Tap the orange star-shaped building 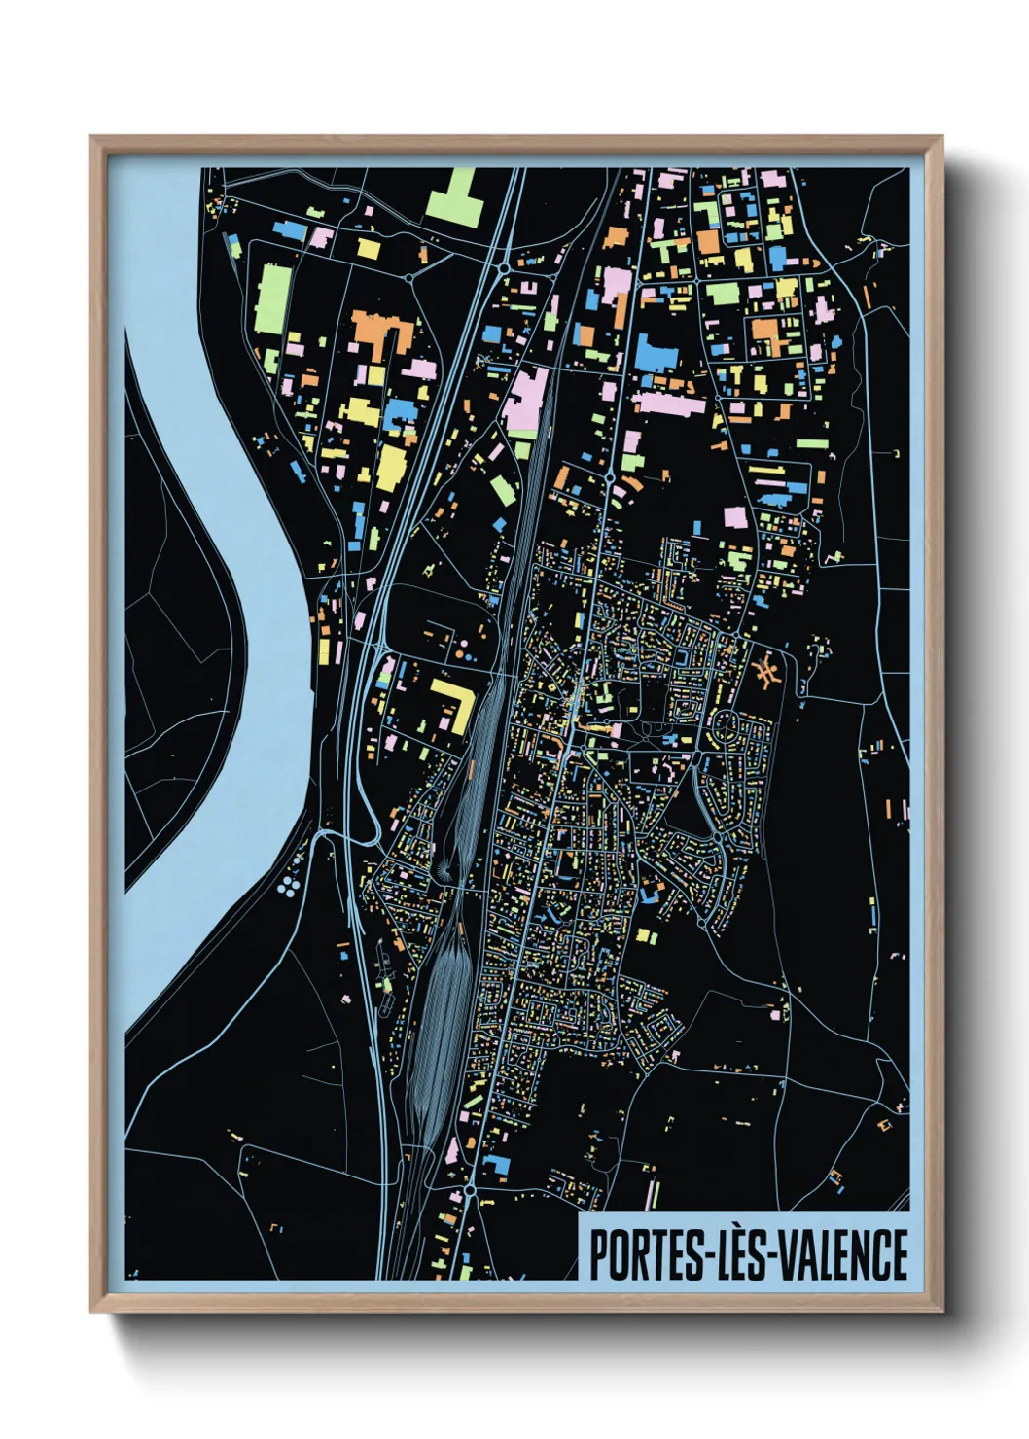pyautogui.click(x=766, y=671)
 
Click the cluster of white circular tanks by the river pyautogui.click(x=289, y=885)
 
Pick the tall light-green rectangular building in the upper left pyautogui.click(x=275, y=298)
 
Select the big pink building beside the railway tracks pyautogui.click(x=526, y=400)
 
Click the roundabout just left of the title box pyautogui.click(x=469, y=1190)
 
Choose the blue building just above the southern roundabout pyautogui.click(x=495, y=1165)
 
